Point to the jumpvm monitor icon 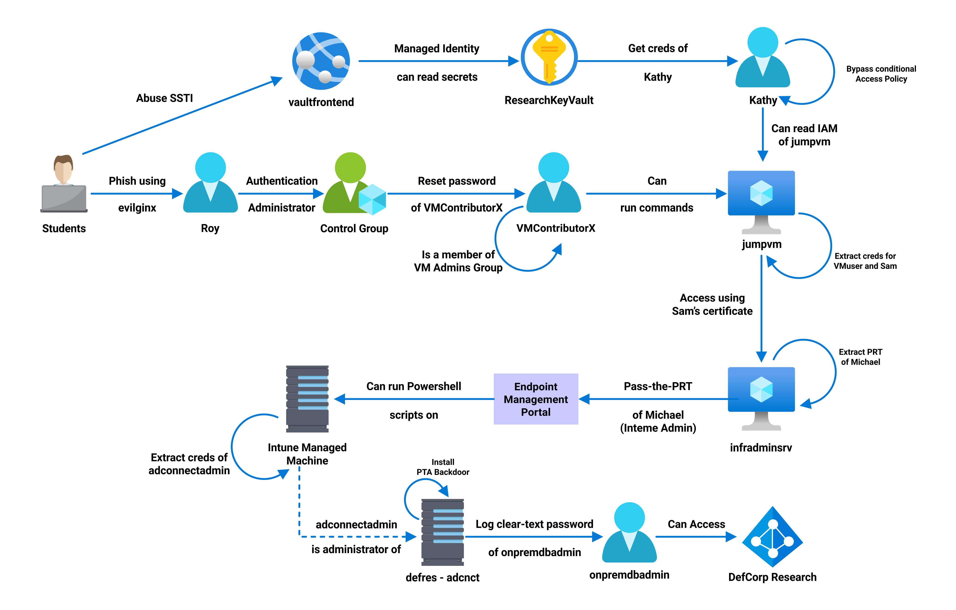tap(761, 202)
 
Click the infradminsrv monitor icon tap(761, 399)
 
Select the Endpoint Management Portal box tap(536, 399)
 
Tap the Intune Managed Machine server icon tap(307, 399)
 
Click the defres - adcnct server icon tap(442, 532)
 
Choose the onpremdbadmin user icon tap(629, 532)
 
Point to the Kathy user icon tap(763, 57)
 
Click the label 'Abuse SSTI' tap(164, 98)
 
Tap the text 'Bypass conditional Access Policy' tap(881, 74)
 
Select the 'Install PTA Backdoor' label tap(443, 467)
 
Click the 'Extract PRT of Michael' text tap(860, 357)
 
